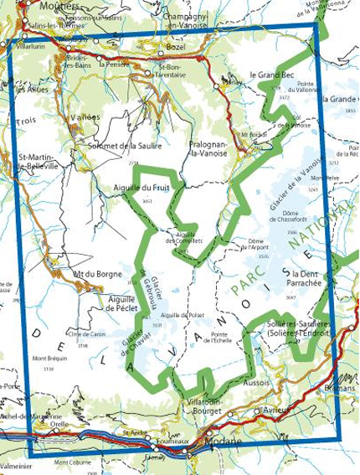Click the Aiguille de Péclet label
(x=121, y=302)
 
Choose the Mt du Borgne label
(x=93, y=273)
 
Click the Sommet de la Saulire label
(x=125, y=146)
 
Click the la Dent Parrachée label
(x=314, y=278)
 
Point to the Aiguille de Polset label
(x=183, y=315)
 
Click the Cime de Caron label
(x=88, y=334)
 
